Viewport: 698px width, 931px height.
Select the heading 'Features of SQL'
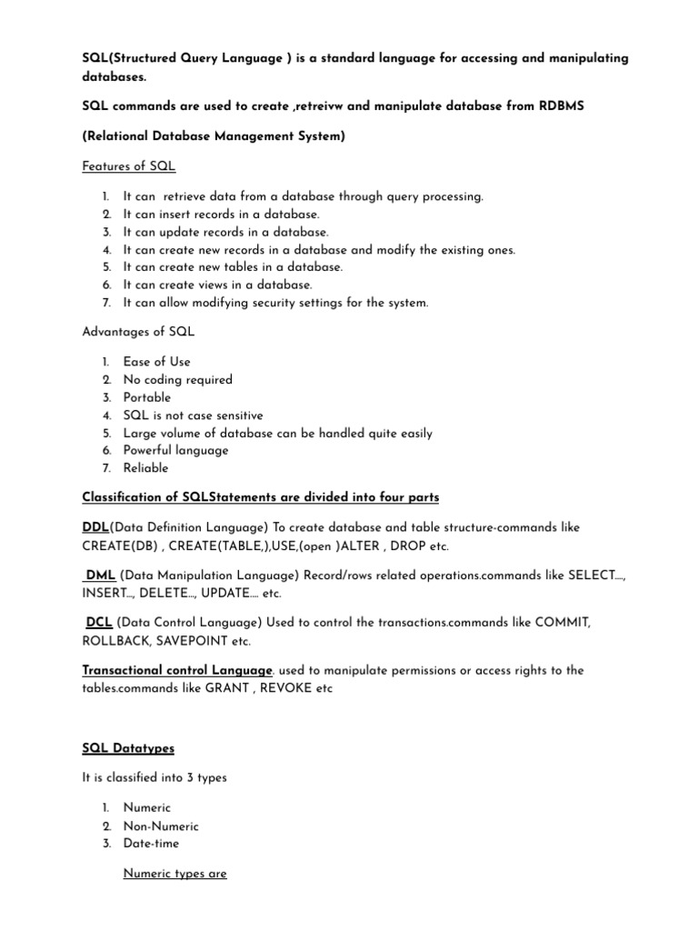(129, 166)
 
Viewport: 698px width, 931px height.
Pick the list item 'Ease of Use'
(157, 362)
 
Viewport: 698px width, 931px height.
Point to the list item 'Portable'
(147, 397)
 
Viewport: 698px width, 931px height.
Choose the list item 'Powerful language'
(176, 450)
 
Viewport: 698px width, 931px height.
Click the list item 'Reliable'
(146, 468)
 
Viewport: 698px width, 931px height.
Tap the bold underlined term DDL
(95, 527)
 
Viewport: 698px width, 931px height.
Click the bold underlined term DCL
(99, 623)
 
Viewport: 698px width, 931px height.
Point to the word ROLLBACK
(117, 641)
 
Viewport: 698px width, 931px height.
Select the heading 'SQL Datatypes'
(128, 748)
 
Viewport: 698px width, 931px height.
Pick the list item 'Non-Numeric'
(161, 826)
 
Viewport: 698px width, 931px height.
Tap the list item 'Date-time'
(152, 844)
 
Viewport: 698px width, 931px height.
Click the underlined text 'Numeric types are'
(175, 874)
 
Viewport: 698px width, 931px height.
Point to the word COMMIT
(557, 623)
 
